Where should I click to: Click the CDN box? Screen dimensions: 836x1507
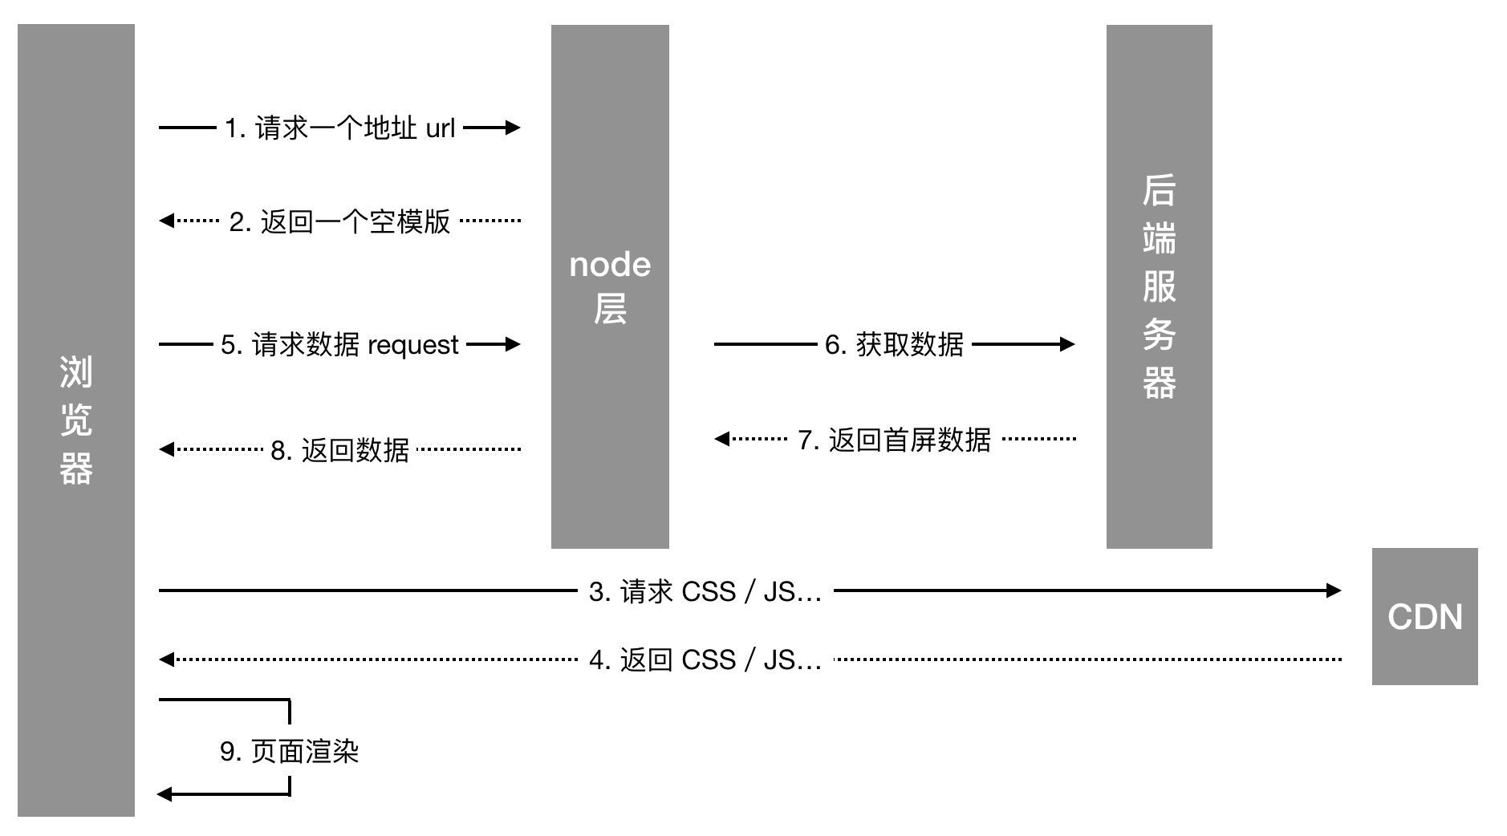tap(1424, 616)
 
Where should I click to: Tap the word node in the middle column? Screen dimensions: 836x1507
tap(610, 265)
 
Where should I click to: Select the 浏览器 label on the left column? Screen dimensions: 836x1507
tap(76, 420)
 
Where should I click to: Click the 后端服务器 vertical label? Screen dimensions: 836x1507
tap(1159, 286)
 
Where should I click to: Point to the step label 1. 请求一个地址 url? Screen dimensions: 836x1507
tap(339, 128)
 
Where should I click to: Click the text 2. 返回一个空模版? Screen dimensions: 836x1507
tap(339, 221)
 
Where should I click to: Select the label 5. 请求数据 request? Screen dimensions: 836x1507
tap(339, 345)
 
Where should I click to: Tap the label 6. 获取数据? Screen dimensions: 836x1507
tap(894, 345)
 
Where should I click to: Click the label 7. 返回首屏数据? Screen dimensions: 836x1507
tap(894, 440)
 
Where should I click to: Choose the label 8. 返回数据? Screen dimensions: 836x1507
tap(339, 450)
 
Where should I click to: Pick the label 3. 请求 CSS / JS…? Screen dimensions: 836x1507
tap(705, 592)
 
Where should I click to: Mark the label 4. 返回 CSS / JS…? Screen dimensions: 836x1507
tap(705, 660)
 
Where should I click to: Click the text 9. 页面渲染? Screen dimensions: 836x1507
tap(289, 751)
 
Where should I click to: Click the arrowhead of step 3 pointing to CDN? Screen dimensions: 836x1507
tap(1334, 590)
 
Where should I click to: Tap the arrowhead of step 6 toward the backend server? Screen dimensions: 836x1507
tap(1067, 344)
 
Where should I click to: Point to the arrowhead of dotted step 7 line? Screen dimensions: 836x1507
tap(721, 438)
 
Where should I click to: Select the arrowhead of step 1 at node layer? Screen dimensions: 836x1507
tap(513, 127)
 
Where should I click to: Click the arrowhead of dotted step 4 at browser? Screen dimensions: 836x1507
tap(166, 659)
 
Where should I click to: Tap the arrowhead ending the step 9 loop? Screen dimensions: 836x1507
tap(165, 794)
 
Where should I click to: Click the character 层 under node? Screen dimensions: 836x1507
tap(610, 309)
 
